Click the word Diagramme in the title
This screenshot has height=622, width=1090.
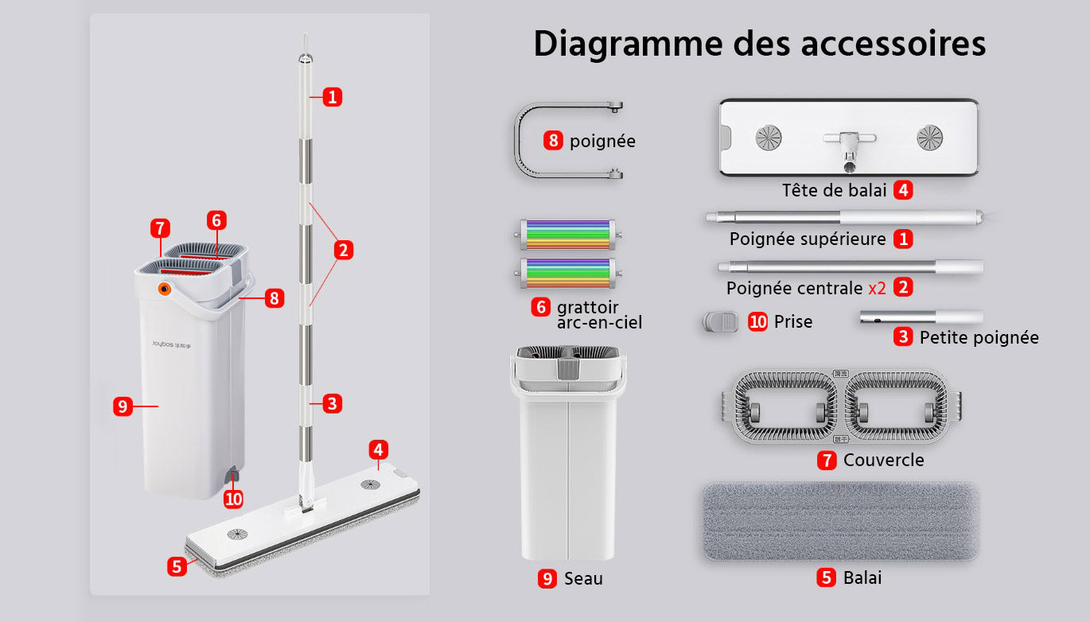click(629, 45)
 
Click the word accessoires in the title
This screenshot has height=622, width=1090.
click(893, 44)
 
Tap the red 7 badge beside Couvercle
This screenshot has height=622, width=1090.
click(827, 460)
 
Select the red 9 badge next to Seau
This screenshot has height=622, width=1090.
click(547, 579)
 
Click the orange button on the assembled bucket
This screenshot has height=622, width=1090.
click(165, 289)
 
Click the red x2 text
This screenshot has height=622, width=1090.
click(878, 289)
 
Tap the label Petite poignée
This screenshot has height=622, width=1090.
click(979, 337)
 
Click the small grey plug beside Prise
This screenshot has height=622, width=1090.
click(720, 321)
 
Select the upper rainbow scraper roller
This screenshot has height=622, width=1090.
click(568, 235)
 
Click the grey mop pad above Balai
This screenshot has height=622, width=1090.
click(840, 521)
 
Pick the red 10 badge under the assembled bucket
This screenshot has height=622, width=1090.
click(234, 499)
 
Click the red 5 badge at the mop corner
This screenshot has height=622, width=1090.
click(177, 566)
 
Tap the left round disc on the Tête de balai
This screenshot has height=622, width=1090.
click(769, 138)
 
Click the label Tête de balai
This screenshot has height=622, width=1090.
click(834, 190)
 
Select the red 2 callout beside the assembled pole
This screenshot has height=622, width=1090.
click(344, 250)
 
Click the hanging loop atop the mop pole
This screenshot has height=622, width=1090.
click(305, 45)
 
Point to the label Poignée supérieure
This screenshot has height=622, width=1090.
click(808, 239)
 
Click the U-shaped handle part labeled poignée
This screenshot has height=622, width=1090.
click(518, 141)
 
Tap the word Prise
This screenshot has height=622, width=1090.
click(793, 321)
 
